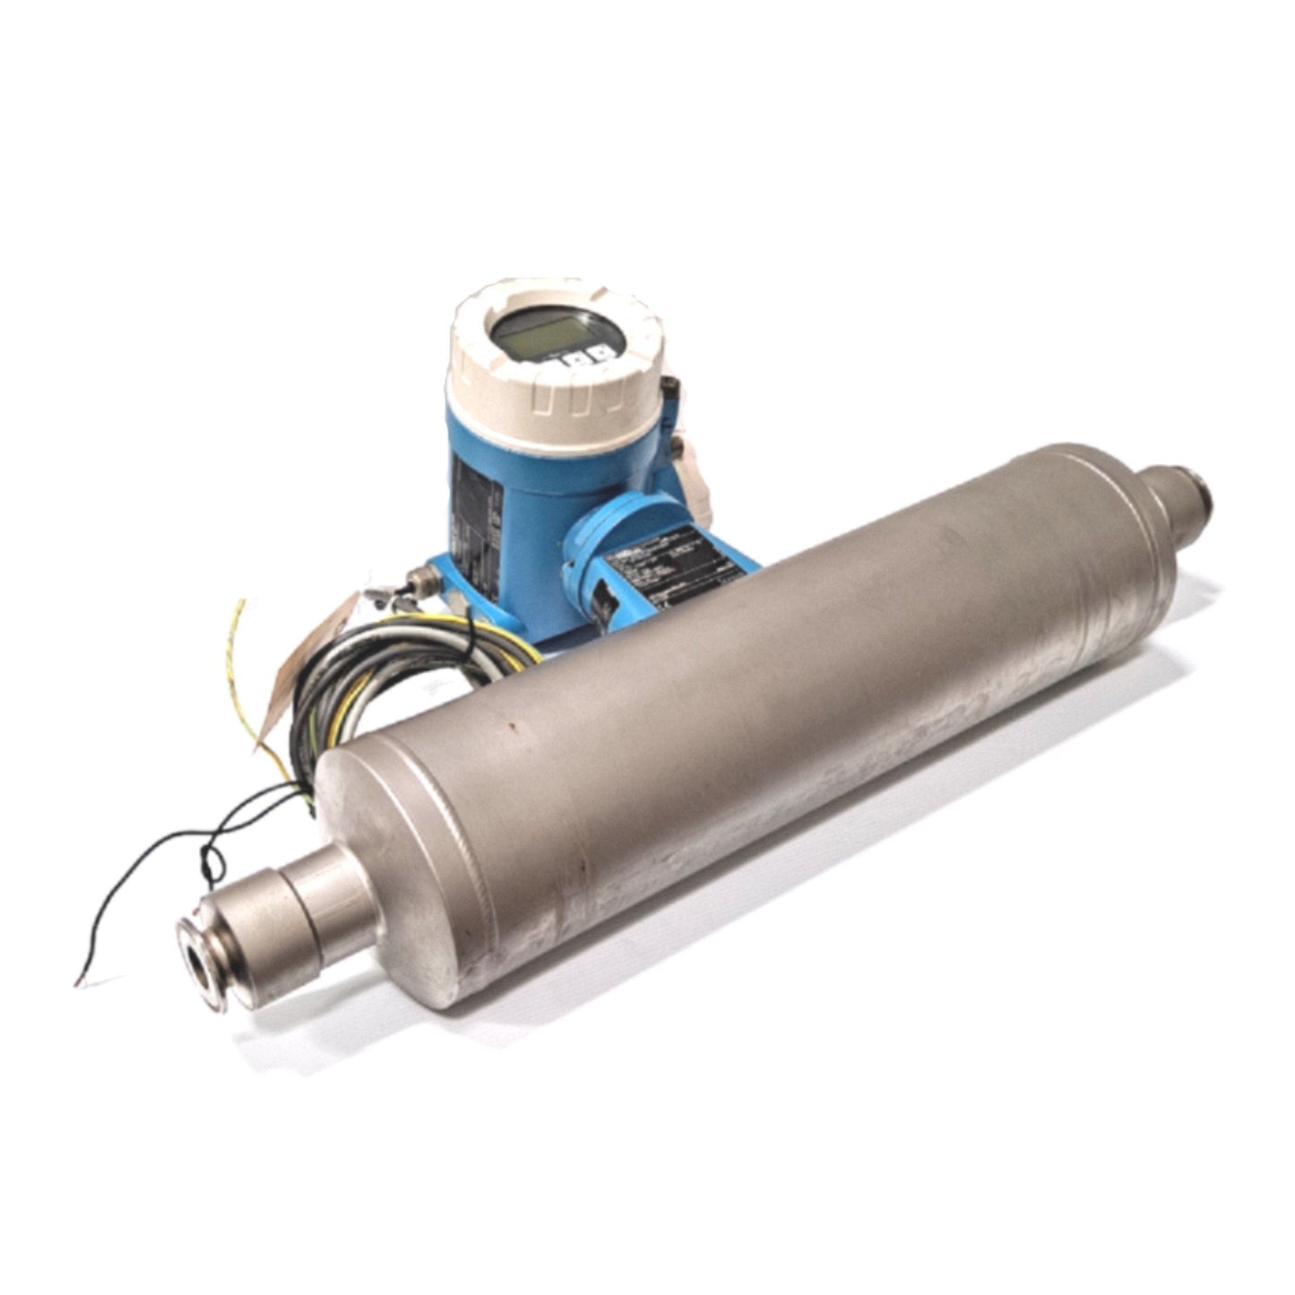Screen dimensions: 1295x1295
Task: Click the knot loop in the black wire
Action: tap(213, 860)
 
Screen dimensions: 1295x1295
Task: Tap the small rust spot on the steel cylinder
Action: tap(512, 718)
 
